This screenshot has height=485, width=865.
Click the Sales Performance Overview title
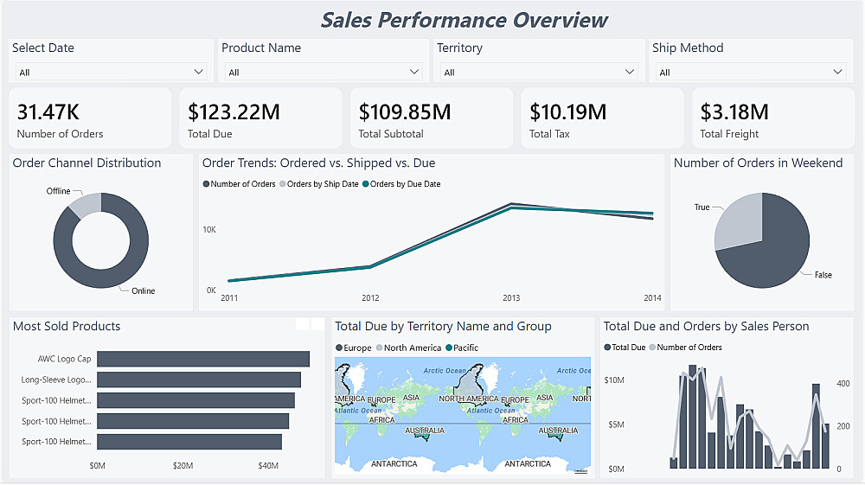tap(465, 20)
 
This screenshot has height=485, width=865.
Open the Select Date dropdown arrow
tap(199, 72)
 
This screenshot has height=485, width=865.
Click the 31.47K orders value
tap(48, 112)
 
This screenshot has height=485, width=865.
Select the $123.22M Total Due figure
tap(234, 112)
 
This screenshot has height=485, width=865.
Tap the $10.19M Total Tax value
tap(567, 112)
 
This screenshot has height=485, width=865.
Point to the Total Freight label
tap(729, 134)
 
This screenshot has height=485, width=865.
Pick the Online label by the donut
tap(144, 290)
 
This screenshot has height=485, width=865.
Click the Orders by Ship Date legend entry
tap(322, 184)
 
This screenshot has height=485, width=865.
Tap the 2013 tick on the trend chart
tap(511, 298)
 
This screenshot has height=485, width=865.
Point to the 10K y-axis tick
tap(209, 229)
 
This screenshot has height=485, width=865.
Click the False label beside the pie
tap(823, 275)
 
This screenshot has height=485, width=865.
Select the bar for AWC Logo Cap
tap(203, 359)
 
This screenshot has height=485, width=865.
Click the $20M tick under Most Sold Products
tap(183, 466)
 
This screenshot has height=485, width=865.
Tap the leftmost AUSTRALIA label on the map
tap(425, 431)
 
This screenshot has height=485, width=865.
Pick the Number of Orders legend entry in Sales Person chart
tap(689, 348)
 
